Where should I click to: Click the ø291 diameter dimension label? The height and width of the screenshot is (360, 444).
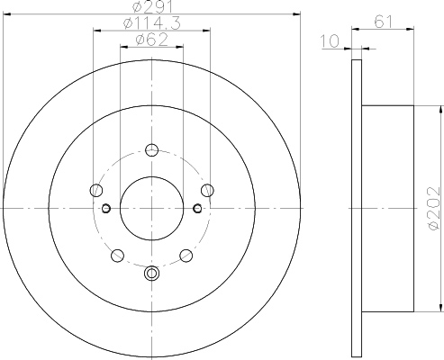click(x=153, y=6)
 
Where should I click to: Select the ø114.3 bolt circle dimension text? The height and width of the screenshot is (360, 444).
click(x=152, y=23)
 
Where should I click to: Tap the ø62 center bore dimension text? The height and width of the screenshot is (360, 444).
click(x=152, y=40)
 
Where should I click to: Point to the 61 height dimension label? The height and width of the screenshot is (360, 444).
click(x=384, y=22)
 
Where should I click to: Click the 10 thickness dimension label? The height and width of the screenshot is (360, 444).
click(x=330, y=41)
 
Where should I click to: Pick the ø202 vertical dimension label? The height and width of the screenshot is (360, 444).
click(x=434, y=209)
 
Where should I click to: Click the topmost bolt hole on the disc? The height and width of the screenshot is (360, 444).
click(x=151, y=149)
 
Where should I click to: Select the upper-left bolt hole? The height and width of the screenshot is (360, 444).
click(x=96, y=190)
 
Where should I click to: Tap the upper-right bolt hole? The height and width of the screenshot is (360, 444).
click(x=207, y=190)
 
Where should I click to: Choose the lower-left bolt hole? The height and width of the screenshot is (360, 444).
click(x=117, y=256)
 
